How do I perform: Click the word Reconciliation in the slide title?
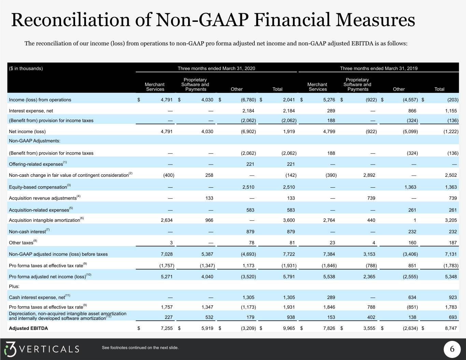pos(71,20)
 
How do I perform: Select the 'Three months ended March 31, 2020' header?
pos(216,68)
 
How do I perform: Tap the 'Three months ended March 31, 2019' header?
pos(379,68)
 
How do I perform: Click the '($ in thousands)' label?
pos(26,68)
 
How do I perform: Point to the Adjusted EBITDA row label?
pos(28,328)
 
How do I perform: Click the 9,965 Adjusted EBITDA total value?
pos(289,328)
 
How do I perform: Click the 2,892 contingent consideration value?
pos(369,175)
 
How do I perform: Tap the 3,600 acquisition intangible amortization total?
pos(289,220)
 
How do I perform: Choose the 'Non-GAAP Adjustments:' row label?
pos(34,141)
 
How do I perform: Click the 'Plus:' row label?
pos(14,286)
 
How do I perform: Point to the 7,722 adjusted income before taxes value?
pos(289,254)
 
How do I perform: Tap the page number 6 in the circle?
pos(452,349)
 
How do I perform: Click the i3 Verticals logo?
pos(42,349)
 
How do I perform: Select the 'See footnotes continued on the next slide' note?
pos(140,348)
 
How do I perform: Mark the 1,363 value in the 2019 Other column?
pos(410,187)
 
